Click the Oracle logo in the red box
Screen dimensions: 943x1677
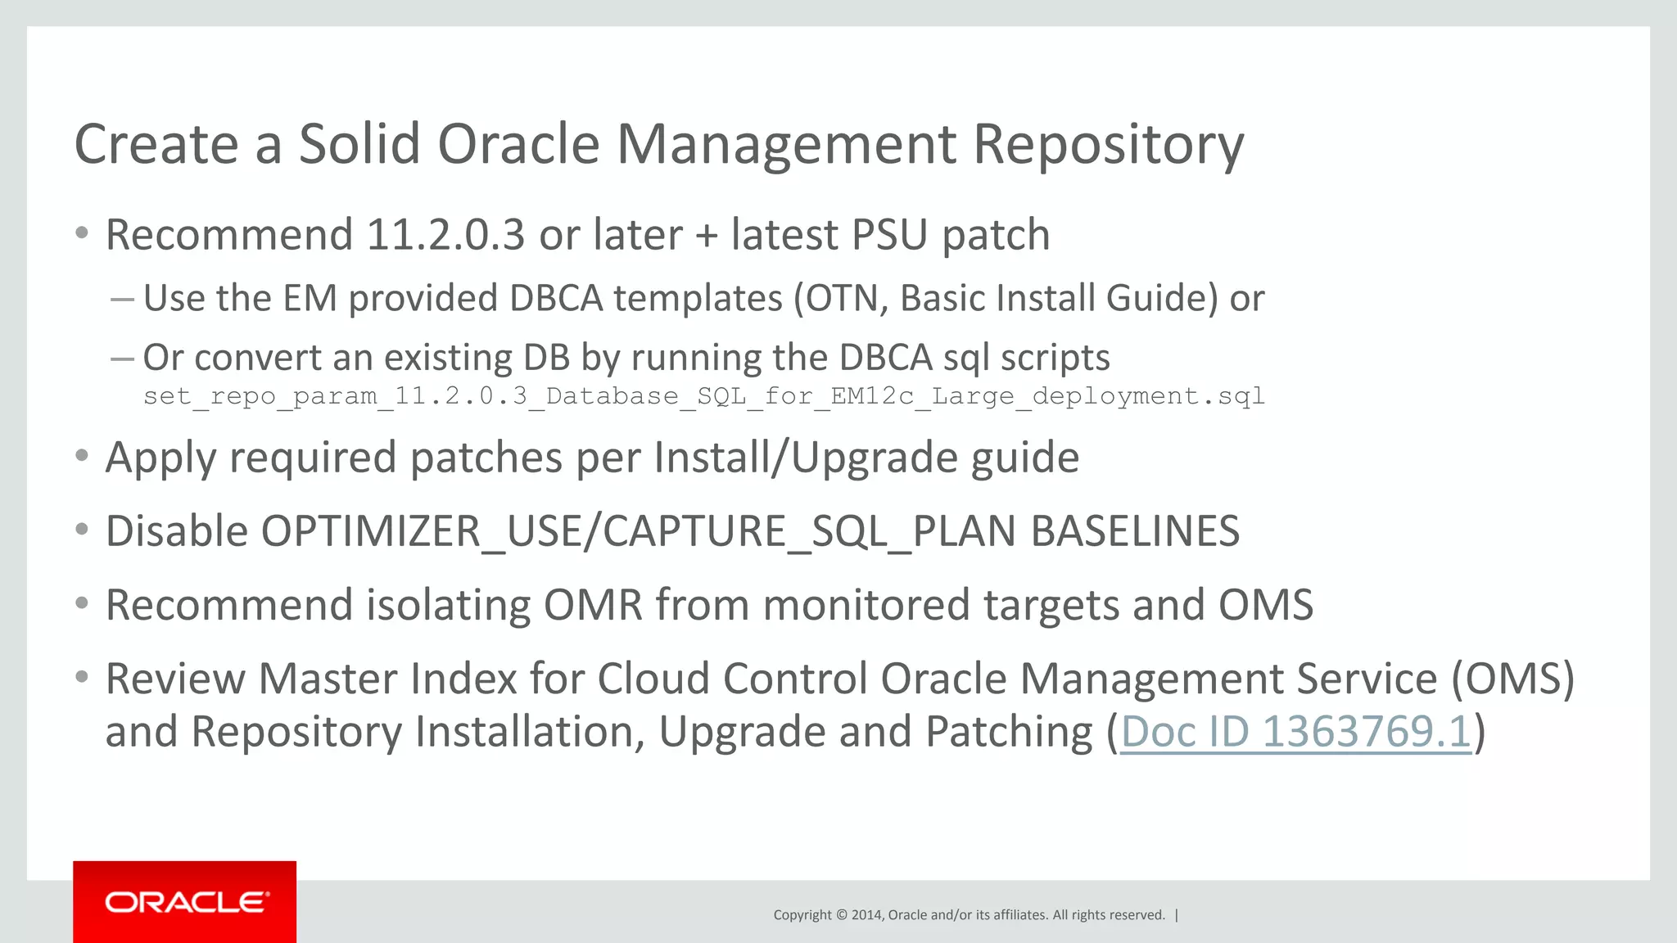click(186, 902)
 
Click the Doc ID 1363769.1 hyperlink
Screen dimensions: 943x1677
click(1295, 731)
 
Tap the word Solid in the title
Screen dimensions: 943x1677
click(359, 145)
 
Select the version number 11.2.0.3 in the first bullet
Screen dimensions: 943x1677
click(445, 236)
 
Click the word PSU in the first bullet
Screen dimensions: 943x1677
click(889, 236)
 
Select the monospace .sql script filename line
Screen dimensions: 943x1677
click(703, 396)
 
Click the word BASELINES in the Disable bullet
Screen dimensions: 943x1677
click(1135, 531)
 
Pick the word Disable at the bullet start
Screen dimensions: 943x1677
click(177, 531)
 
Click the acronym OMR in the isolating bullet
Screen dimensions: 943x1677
click(593, 606)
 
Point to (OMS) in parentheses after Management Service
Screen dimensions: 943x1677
click(1512, 679)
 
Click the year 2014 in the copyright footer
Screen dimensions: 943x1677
click(866, 915)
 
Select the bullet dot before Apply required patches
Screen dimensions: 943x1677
click(81, 456)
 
